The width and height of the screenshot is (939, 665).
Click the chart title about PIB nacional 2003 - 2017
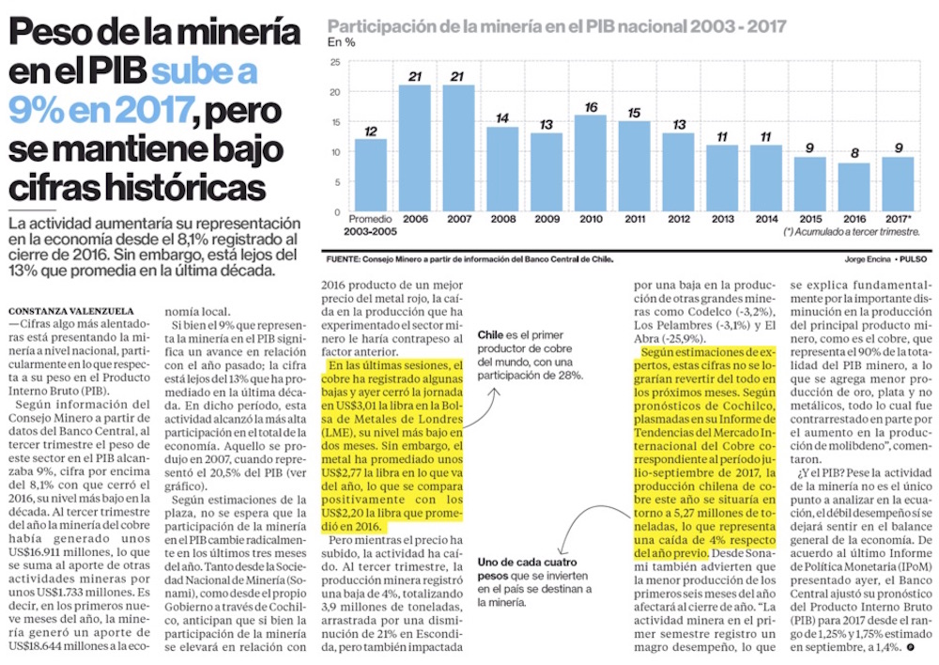(557, 25)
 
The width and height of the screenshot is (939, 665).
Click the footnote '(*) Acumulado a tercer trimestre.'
(851, 231)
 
